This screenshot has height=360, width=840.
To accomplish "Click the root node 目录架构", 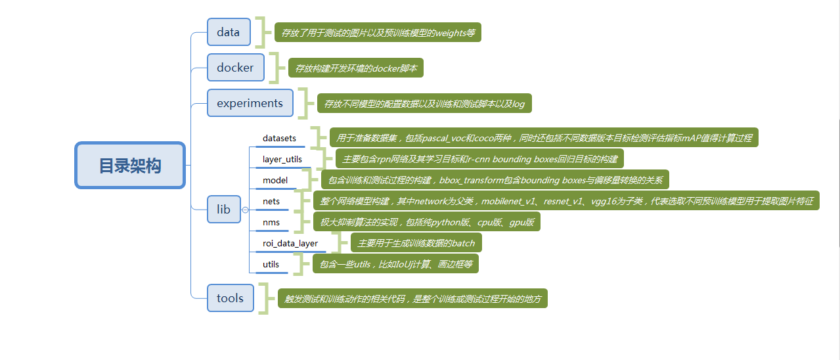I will coord(130,165).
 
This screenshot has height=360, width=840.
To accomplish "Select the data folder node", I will coord(229,32).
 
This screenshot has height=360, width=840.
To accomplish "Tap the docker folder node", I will coord(235,67).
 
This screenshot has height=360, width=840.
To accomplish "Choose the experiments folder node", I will coord(250,103).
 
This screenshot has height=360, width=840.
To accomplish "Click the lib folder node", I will coord(224,210).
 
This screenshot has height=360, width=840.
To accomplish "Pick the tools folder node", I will coord(230,298).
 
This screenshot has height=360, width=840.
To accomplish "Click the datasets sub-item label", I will coord(279,139).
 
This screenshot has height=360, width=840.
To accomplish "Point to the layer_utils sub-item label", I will coord(282,159).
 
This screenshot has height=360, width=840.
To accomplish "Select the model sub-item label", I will coord(275,180).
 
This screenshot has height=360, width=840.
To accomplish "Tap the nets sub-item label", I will coord(271,201).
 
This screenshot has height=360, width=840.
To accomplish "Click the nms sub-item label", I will coord(271,222).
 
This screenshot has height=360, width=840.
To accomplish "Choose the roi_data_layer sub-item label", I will coord(290,243).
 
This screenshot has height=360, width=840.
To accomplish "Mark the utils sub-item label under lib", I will coord(271,264).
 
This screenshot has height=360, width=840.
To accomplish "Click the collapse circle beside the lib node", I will coord(245,210).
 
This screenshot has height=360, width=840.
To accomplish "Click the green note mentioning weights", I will coord(378,32).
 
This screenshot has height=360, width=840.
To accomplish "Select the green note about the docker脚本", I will coord(357,68).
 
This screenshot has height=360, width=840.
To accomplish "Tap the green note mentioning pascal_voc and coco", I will coord(544,138).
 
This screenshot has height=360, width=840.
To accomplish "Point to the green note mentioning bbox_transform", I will coord(495,179).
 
